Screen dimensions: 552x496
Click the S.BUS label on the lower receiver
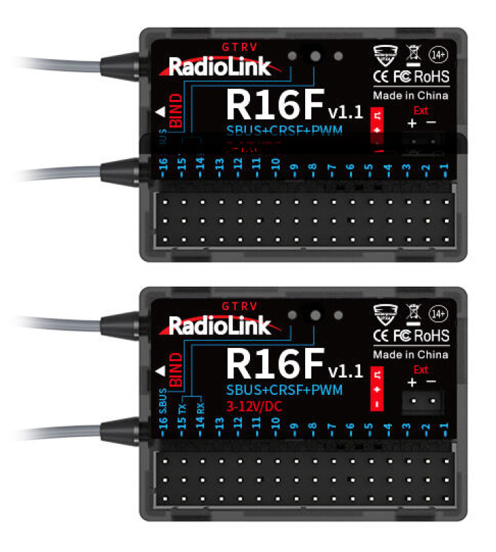[x=163, y=400]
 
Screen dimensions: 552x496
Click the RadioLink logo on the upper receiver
[x=219, y=68]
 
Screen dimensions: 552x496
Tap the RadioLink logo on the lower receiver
[x=219, y=325]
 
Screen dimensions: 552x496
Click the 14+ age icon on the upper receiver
[x=437, y=54]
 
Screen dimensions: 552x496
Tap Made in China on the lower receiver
[x=411, y=354]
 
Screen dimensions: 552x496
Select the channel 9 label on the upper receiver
[x=294, y=167]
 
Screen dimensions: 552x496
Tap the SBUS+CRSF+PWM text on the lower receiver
[x=284, y=391]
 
